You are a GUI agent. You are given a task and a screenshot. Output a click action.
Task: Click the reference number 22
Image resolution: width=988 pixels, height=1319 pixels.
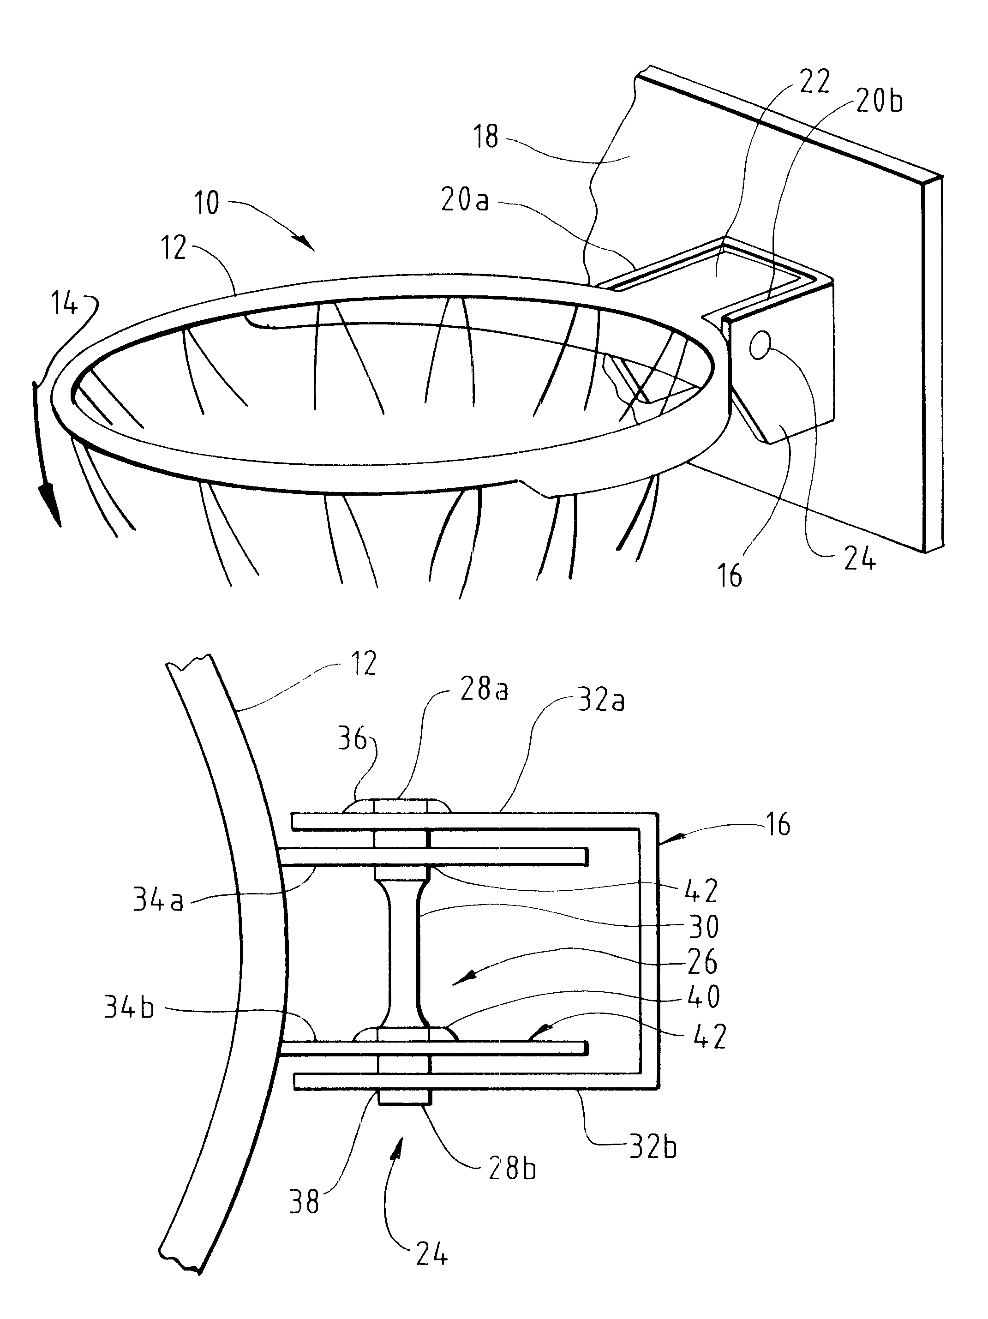click(814, 81)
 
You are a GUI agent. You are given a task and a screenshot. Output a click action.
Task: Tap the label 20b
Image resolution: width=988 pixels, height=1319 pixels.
click(879, 102)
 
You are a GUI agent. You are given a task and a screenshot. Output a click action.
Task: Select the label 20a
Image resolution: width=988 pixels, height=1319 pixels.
click(465, 200)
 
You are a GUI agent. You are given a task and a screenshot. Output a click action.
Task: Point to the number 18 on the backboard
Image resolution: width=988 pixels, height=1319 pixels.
click(486, 137)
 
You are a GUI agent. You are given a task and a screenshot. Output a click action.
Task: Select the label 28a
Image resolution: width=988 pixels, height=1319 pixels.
click(483, 690)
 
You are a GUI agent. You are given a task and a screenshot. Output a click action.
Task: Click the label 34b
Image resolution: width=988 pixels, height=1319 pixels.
click(129, 1008)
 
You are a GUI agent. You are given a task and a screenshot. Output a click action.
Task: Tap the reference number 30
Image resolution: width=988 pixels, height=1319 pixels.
click(704, 927)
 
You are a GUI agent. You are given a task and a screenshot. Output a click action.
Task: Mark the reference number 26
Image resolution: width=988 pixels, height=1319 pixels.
click(702, 962)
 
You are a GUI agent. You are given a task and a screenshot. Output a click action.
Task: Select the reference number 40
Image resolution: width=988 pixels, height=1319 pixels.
click(704, 996)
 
